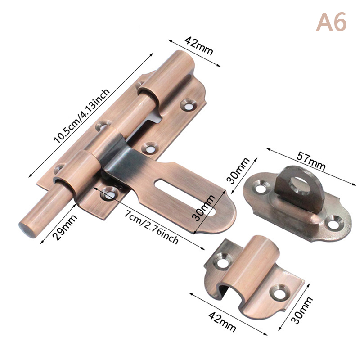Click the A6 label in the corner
coord(331,22)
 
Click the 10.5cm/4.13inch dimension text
coord(82,116)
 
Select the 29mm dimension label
coord(65,227)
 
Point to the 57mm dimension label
coord(311,159)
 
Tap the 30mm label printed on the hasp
coord(203,208)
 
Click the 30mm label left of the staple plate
coord(238,171)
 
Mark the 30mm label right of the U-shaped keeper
coord(301,310)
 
